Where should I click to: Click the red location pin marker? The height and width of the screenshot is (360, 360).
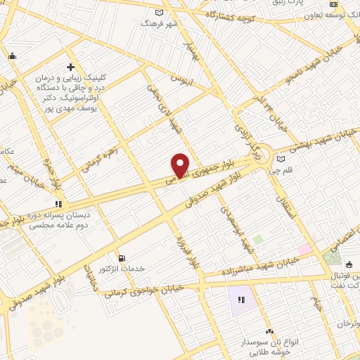(x=181, y=165)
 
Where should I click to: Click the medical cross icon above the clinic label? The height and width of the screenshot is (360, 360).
(x=70, y=65)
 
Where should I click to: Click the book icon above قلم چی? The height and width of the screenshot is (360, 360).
(x=281, y=158)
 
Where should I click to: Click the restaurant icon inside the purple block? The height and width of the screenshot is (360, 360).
(x=241, y=300)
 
